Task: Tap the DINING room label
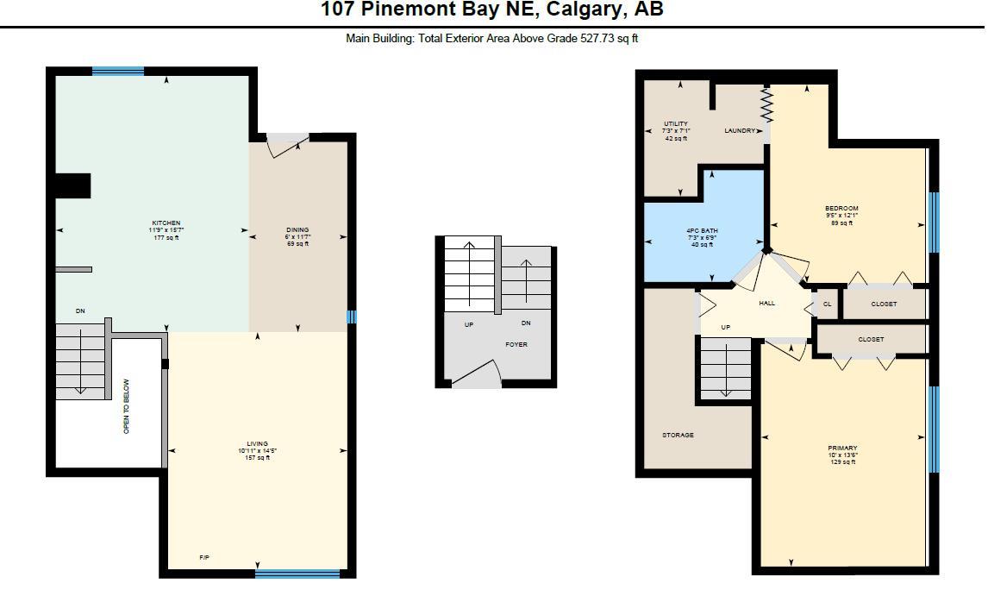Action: tap(297, 230)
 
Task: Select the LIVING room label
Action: tap(257, 444)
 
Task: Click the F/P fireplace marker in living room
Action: tap(204, 558)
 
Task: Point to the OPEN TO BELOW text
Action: tap(127, 406)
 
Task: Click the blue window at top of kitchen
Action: tap(118, 72)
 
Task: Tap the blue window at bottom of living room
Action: tap(297, 573)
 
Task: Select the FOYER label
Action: tap(516, 344)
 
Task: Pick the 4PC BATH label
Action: tap(702, 231)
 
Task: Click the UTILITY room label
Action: tap(676, 124)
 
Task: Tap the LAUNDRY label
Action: tap(740, 131)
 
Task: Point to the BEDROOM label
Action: tap(841, 209)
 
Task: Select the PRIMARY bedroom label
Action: tap(842, 449)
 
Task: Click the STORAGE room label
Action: tap(678, 436)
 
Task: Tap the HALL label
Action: tap(766, 304)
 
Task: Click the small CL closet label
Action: tap(827, 304)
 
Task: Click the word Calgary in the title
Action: tap(586, 10)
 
